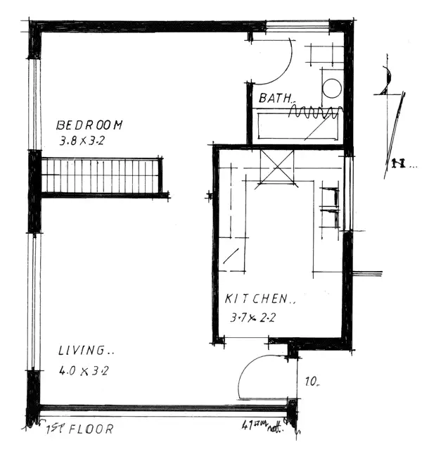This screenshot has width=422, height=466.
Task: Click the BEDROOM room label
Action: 89,125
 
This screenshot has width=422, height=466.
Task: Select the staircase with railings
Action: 102,176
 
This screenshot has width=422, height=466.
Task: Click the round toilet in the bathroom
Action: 331,88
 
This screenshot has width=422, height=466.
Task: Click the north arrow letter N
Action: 398,165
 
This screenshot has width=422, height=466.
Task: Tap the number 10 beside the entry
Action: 312,383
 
